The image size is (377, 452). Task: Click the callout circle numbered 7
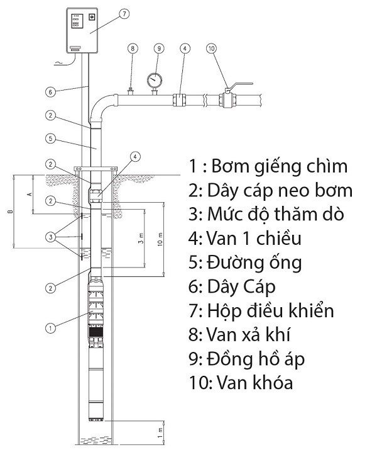pyautogui.click(x=124, y=13)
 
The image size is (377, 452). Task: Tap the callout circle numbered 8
pyautogui.click(x=132, y=48)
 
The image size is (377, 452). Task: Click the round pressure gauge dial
pyautogui.click(x=154, y=80)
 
